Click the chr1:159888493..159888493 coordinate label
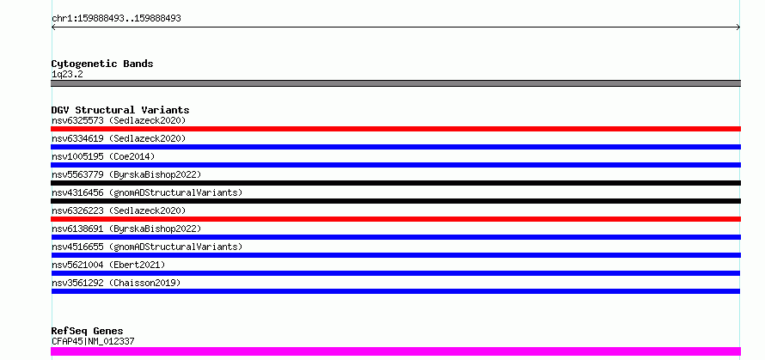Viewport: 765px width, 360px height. [116, 19]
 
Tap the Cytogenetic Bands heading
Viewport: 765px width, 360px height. [102, 64]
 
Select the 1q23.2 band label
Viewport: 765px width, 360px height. [67, 75]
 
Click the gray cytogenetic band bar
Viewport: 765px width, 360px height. [395, 83]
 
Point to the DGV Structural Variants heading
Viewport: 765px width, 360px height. [120, 110]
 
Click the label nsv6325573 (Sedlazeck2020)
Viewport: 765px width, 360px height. [119, 120]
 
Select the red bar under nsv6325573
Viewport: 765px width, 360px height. [395, 129]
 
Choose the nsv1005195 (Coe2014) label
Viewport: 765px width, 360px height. [103, 156]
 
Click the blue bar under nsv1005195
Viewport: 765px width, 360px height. [395, 165]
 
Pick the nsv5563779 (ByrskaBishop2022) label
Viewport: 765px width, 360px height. [126, 174]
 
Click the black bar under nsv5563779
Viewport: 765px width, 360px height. [395, 183]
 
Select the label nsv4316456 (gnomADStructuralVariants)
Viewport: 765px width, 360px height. [147, 192]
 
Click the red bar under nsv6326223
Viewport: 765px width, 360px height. [395, 219]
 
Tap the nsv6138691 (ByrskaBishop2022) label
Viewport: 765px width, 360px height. [126, 229]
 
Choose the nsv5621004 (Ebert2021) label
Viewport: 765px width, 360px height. [108, 265]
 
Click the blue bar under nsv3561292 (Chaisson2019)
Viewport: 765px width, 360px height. [395, 291]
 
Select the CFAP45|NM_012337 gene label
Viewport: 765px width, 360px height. [93, 341]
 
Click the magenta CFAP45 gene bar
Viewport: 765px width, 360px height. [395, 351]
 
